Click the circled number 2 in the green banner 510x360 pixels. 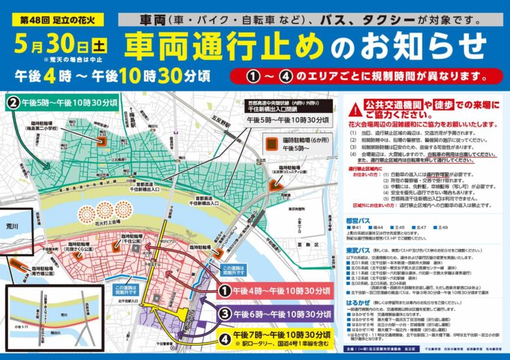click(13, 103)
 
